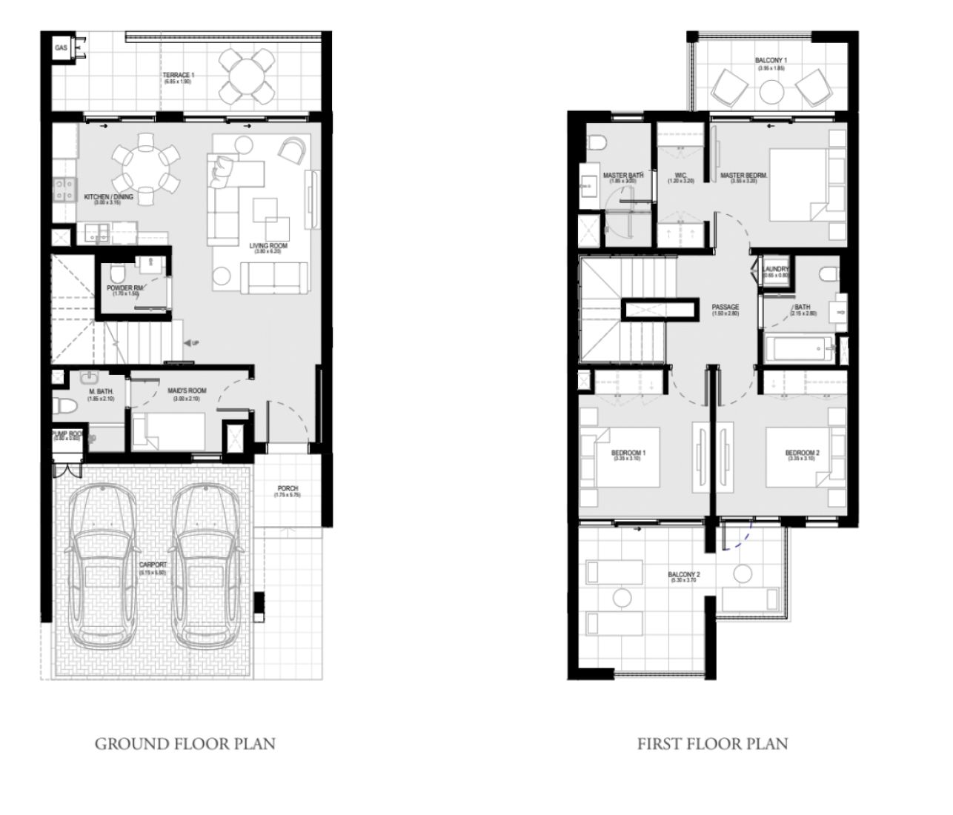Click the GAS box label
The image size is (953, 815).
pos(61,49)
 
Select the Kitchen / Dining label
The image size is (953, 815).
pos(108,197)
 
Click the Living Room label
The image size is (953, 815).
pos(268,246)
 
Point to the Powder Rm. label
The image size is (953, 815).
pos(125,288)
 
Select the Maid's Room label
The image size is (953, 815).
pos(187,390)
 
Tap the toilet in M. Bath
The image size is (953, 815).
pos(64,406)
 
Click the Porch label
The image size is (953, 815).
pos(288,489)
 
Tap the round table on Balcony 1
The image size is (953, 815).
pos(771,93)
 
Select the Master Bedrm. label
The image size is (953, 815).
pos(743,176)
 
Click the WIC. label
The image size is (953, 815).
pos(680,176)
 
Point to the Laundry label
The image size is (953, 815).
pos(776,270)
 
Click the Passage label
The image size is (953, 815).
pos(725,307)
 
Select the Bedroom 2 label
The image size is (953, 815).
pos(802,453)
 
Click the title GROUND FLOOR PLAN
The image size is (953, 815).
pos(185,744)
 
